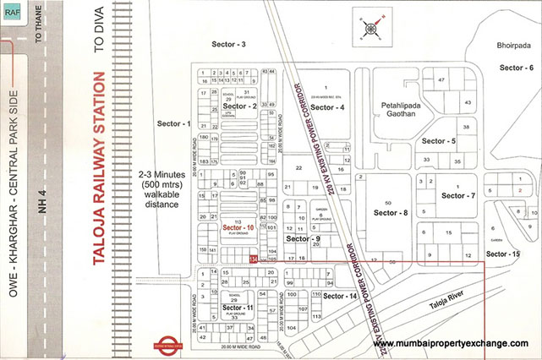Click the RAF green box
pyautogui.click(x=13, y=14)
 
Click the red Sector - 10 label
pyautogui.click(x=238, y=228)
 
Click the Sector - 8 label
pyautogui.click(x=394, y=213)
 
